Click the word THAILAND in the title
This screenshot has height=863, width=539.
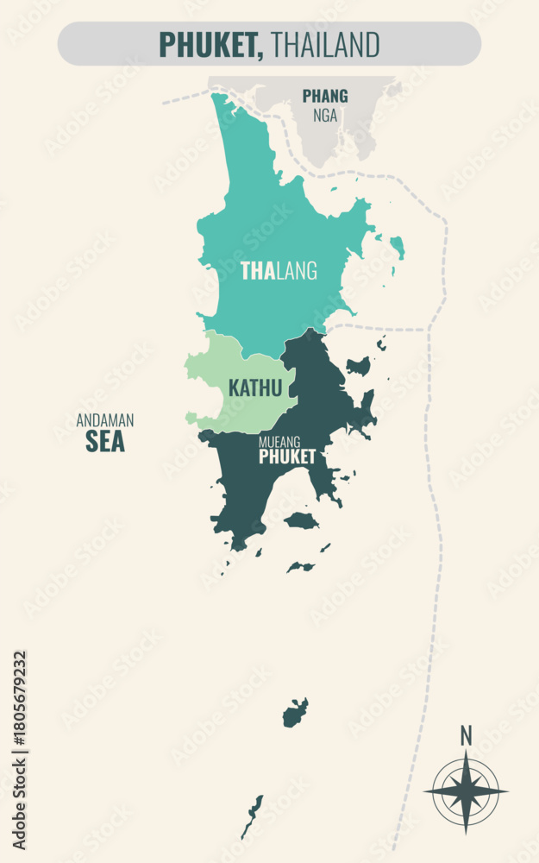325,44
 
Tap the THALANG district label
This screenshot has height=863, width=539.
279,271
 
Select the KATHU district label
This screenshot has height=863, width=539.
255,388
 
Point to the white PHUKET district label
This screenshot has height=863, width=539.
287,457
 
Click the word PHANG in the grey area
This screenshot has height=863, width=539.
325,96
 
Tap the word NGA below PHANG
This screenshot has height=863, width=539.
325,116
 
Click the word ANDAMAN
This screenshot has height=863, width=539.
105,421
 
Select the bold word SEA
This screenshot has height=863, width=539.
105,442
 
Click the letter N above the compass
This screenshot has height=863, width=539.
466,735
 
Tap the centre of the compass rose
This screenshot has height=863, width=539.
466,791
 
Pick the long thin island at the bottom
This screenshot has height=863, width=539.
252,816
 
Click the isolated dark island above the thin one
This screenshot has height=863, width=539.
295,714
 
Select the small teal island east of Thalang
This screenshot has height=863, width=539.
398,247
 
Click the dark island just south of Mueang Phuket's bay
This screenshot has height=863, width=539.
301,520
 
